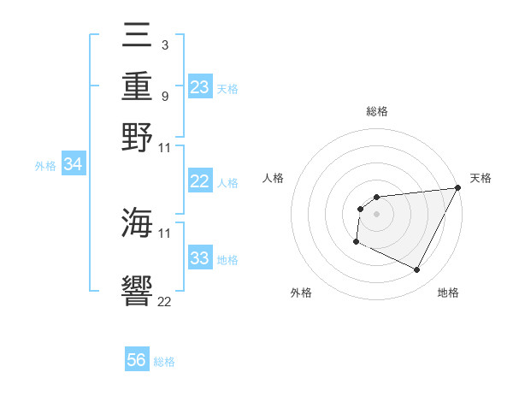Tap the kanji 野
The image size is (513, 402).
coord(138,138)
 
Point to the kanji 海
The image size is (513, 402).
coord(138,224)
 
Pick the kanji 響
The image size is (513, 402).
coord(138,290)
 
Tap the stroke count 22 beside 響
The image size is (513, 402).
coord(165,300)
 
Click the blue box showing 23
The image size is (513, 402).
coord(200,87)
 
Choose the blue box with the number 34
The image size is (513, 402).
coord(73,165)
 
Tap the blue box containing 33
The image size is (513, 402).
coord(200,258)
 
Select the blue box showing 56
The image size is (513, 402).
coord(137,360)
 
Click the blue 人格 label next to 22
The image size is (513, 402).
coord(227,182)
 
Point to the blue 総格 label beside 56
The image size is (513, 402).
coord(164,362)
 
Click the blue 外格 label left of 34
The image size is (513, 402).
coord(45,166)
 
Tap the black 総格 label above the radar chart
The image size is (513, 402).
coord(376,111)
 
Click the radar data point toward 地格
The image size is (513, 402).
coord(417,270)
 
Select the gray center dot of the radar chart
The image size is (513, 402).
coord(376,214)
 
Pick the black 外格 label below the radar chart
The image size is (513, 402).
coord(301,293)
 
